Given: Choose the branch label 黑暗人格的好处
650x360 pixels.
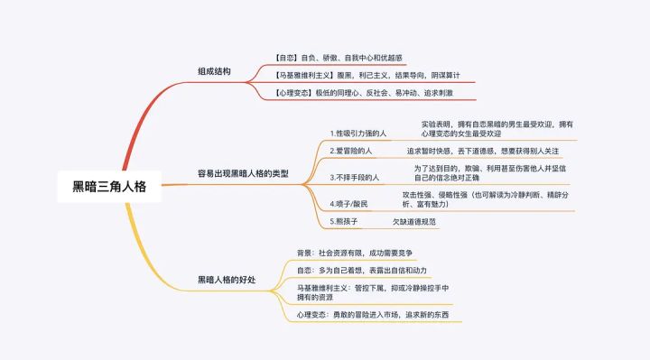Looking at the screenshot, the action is click(227, 281).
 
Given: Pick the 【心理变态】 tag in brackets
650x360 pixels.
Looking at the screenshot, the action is click(293, 92).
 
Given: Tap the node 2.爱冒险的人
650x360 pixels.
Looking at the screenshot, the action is click(352, 152).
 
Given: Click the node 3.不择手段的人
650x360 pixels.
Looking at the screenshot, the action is click(355, 178).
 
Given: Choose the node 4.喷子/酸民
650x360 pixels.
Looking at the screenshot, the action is click(348, 204).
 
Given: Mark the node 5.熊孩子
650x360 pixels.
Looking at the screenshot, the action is click(344, 221).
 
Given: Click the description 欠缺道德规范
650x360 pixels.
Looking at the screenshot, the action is click(414, 221).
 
